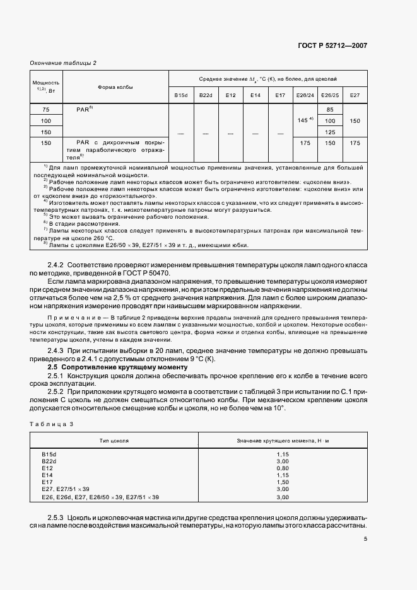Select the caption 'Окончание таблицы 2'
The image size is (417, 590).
pos(63,62)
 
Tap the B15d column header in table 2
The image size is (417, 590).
pos(181,95)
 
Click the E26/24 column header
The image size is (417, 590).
pos(304,95)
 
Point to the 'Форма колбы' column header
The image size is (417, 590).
pos(115,87)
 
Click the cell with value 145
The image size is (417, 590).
pos(303,120)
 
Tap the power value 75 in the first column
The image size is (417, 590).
pos(46,109)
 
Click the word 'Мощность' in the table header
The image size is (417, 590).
pos(46,83)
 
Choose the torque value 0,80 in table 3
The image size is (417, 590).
pos(282,468)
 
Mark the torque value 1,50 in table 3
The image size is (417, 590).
pos(282,482)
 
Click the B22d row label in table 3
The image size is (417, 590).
pos(49,461)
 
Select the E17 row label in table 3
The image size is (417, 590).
pos(47,482)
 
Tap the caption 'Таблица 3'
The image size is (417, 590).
pos(52,424)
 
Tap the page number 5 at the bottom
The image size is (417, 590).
pos(365,538)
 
